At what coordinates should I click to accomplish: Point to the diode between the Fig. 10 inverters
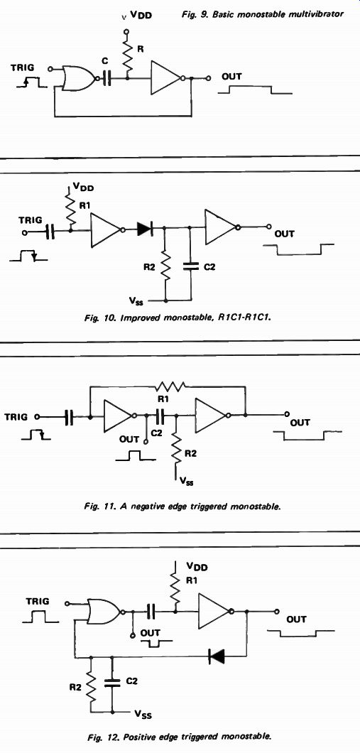144,229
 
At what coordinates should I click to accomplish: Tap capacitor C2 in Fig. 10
190,266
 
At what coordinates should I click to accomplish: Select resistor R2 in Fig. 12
90,688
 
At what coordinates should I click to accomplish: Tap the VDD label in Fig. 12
197,567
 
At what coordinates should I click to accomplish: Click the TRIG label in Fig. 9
23,69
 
